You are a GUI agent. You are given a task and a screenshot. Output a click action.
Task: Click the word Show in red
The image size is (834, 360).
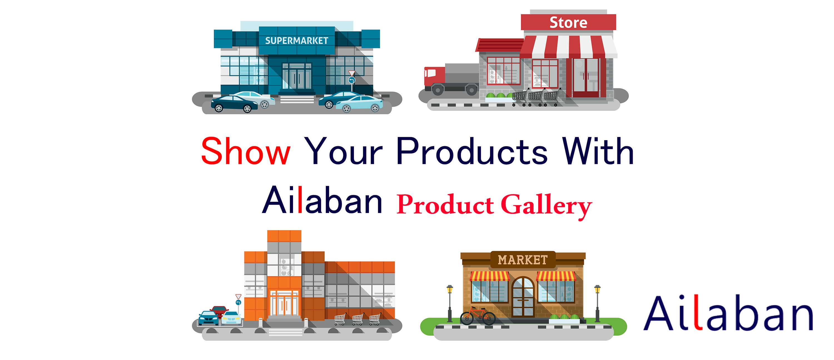point(245,152)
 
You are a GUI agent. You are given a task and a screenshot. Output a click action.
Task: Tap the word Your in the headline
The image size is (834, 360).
point(343,152)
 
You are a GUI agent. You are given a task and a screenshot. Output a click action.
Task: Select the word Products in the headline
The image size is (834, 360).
point(472,152)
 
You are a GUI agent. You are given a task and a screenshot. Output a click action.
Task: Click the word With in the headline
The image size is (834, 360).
point(598,152)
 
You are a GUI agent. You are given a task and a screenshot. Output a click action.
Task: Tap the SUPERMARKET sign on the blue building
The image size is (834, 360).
point(297,41)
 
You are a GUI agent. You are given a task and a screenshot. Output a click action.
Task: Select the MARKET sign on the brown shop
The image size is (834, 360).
point(523,260)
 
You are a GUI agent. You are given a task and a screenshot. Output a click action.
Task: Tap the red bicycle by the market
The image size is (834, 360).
point(478,316)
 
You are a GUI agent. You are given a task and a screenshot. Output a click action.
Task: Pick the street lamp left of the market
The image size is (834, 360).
point(450,303)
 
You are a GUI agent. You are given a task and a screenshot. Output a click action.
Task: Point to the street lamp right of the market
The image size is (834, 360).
point(597,303)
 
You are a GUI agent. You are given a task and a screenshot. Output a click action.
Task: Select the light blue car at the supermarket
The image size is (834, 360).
point(359,104)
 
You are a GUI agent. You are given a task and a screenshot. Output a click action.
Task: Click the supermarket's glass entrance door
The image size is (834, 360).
point(297,78)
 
